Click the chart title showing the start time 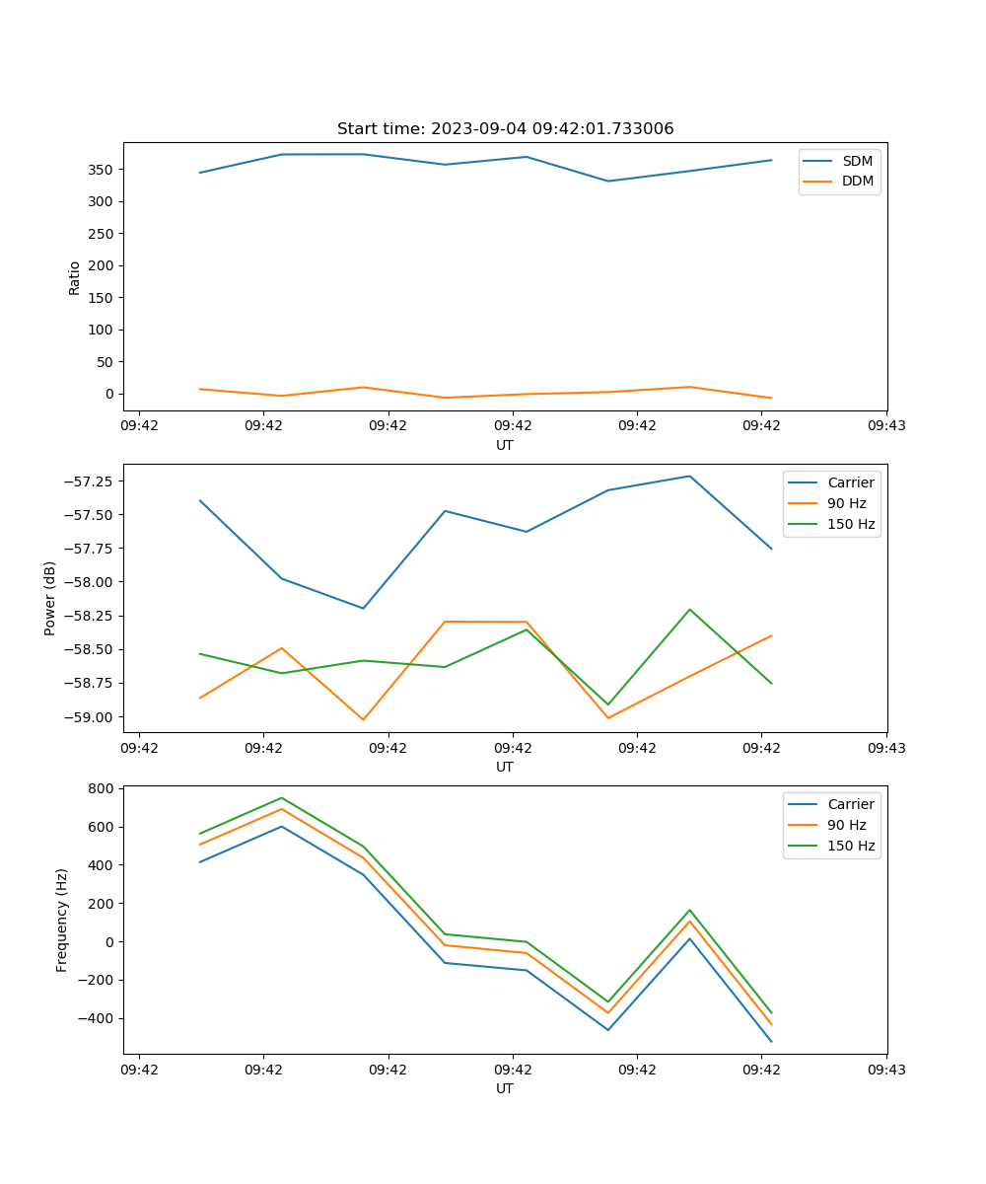[505, 129]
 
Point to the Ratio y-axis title [74, 277]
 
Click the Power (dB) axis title [50, 598]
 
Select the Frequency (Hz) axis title [62, 920]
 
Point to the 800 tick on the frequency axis [102, 788]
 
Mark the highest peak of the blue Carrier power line [689, 477]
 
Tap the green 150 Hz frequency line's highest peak [282, 797]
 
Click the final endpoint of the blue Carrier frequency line [771, 1041]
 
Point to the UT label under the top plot [505, 445]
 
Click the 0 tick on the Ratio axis [107, 394]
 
